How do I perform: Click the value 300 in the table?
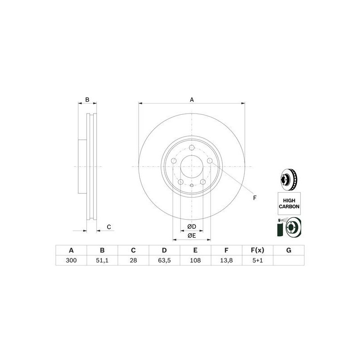pyautogui.click(x=71, y=261)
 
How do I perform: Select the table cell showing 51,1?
pyautogui.click(x=102, y=261)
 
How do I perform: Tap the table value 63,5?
pyautogui.click(x=164, y=261)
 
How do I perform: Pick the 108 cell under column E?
pyautogui.click(x=195, y=261)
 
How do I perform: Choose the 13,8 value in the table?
pyautogui.click(x=226, y=261)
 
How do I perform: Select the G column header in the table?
pyautogui.click(x=289, y=250)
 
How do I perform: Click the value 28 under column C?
pyautogui.click(x=133, y=261)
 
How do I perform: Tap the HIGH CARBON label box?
pyautogui.click(x=289, y=202)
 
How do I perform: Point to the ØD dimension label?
pyautogui.click(x=192, y=226)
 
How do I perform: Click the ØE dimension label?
pyautogui.click(x=192, y=235)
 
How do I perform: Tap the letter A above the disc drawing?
pyautogui.click(x=192, y=99)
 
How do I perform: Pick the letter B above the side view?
pyautogui.click(x=88, y=99)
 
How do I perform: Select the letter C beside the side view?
pyautogui.click(x=108, y=226)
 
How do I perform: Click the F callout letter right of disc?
pyautogui.click(x=254, y=198)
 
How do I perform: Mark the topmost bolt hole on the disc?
pyautogui.click(x=192, y=148)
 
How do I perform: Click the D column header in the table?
pyautogui.click(x=164, y=250)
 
